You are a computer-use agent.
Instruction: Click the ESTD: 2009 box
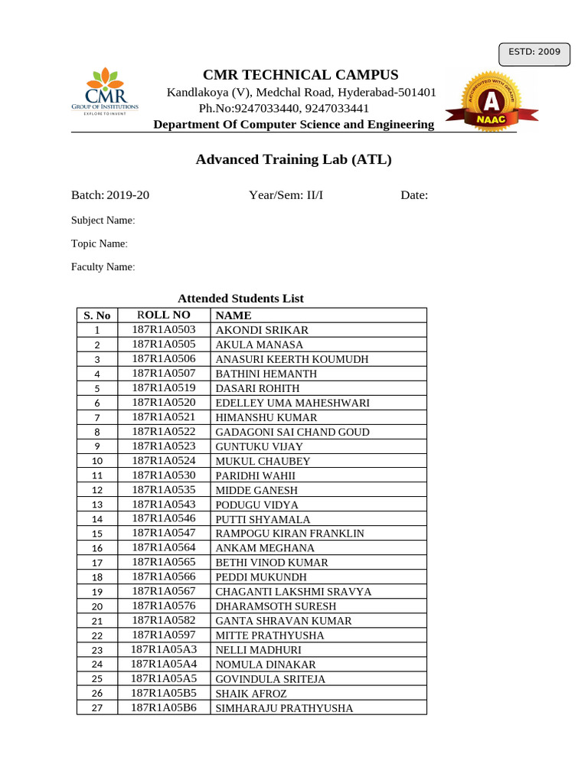[x=534, y=53]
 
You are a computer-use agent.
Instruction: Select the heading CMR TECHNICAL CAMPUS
[x=300, y=75]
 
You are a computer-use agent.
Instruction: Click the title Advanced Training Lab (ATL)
[x=293, y=159]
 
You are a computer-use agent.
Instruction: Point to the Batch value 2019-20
[x=129, y=195]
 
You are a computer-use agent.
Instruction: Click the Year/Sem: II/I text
[x=286, y=195]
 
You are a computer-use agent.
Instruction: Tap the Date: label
[x=414, y=195]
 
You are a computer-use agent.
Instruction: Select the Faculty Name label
[x=103, y=267]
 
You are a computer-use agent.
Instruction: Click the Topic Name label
[x=99, y=243]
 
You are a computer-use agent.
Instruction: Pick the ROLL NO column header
[x=164, y=315]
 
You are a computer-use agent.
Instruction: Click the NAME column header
[x=234, y=315]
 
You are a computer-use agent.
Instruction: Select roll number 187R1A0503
[x=164, y=329]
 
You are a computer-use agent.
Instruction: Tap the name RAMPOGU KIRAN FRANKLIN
[x=289, y=534]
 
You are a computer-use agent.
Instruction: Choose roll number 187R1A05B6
[x=164, y=707]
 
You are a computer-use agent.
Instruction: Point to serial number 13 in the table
[x=97, y=505]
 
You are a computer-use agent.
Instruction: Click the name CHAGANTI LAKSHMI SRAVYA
[x=293, y=592]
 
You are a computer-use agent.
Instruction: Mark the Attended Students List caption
[x=240, y=299]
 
